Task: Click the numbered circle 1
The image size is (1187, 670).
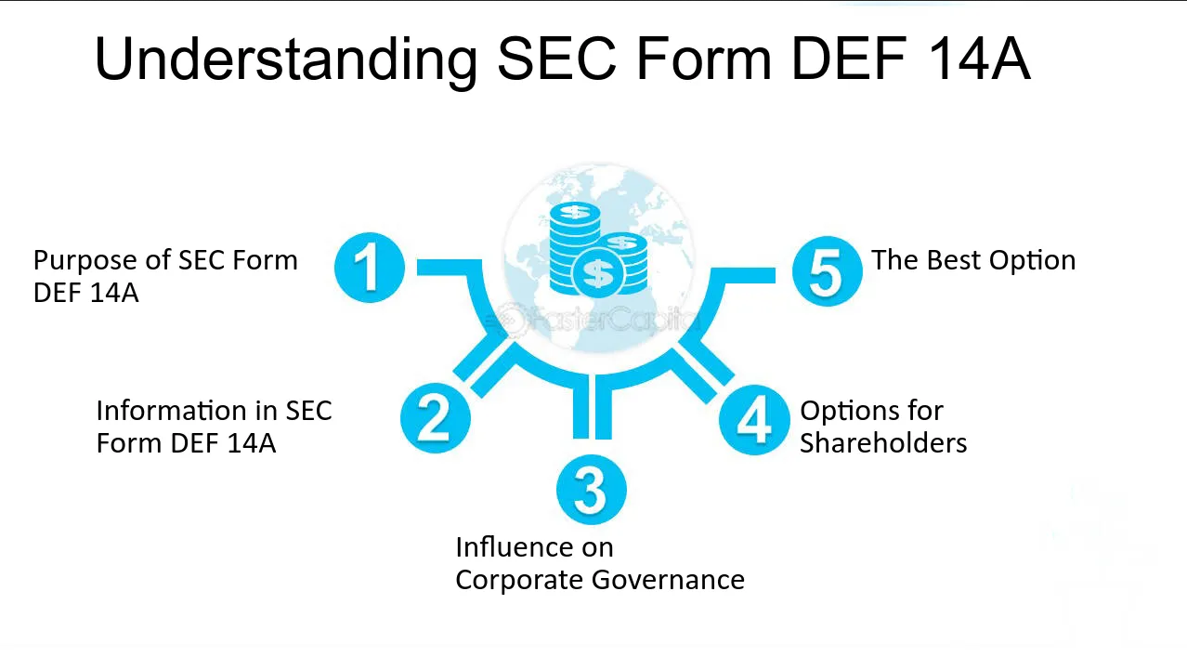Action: pos(370,268)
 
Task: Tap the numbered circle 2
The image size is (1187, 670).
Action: pos(435,418)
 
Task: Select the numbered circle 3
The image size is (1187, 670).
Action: pos(592,490)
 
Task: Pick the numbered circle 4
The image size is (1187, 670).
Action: pos(754,420)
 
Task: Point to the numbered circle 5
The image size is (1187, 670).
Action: pos(828,270)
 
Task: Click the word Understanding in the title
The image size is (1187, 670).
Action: pos(286,59)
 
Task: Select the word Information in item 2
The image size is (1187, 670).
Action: pos(187,410)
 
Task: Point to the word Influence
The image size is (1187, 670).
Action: pos(534,547)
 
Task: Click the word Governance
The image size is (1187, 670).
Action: pos(668,579)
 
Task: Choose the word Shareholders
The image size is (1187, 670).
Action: pos(883,442)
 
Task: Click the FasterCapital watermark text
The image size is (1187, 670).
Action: pos(599,320)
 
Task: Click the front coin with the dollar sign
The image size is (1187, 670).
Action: pos(599,274)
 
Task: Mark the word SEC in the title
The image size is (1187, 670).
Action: pos(557,59)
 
